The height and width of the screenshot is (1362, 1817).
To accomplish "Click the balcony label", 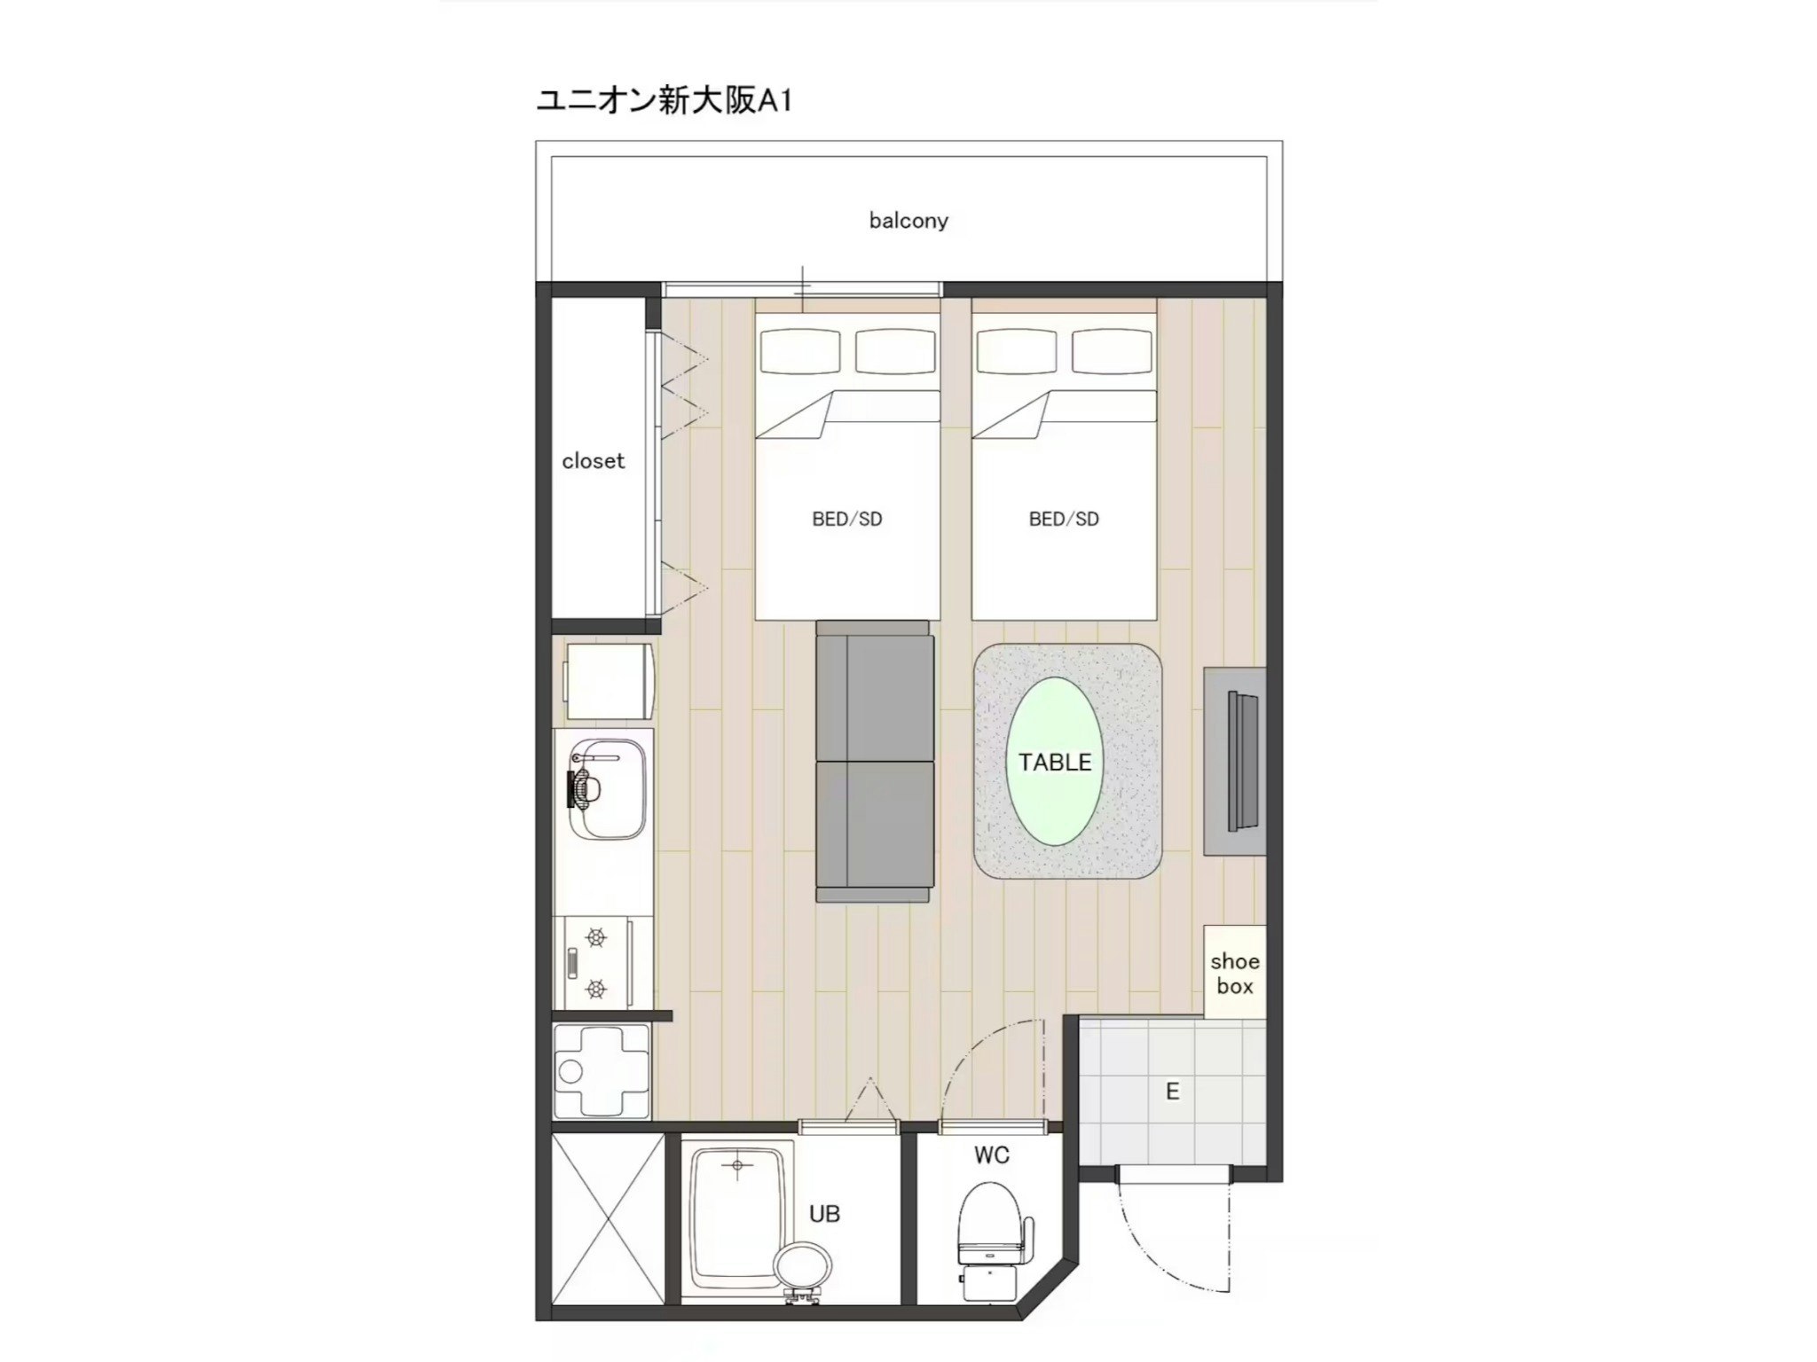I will tap(908, 220).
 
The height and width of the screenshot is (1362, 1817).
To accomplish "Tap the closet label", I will tap(593, 461).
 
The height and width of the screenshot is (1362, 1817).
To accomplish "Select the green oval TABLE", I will tap(1055, 762).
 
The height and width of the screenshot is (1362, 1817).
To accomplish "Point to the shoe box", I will tap(1234, 973).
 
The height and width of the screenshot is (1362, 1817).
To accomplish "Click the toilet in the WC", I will tap(990, 1227).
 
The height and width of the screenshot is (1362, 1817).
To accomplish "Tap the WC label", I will tap(991, 1155).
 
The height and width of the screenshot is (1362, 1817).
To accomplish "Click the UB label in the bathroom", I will tap(824, 1214).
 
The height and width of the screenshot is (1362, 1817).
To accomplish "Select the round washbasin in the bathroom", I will tap(803, 1264).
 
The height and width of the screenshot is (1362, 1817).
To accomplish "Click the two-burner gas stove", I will tap(595, 963).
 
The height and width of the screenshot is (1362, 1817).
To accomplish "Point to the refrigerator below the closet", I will tap(609, 681).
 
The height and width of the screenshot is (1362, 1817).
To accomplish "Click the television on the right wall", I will tap(1241, 760).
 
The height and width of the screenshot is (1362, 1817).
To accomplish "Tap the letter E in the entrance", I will tap(1172, 1092).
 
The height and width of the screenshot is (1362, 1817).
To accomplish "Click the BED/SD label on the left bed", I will tap(847, 520).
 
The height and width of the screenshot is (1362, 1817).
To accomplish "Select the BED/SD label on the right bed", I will tap(1064, 520).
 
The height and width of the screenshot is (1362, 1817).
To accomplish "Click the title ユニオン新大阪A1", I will tap(664, 100).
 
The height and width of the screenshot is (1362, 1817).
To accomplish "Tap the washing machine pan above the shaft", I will tap(602, 1071).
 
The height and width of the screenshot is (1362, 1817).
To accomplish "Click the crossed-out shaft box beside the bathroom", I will tap(608, 1219).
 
